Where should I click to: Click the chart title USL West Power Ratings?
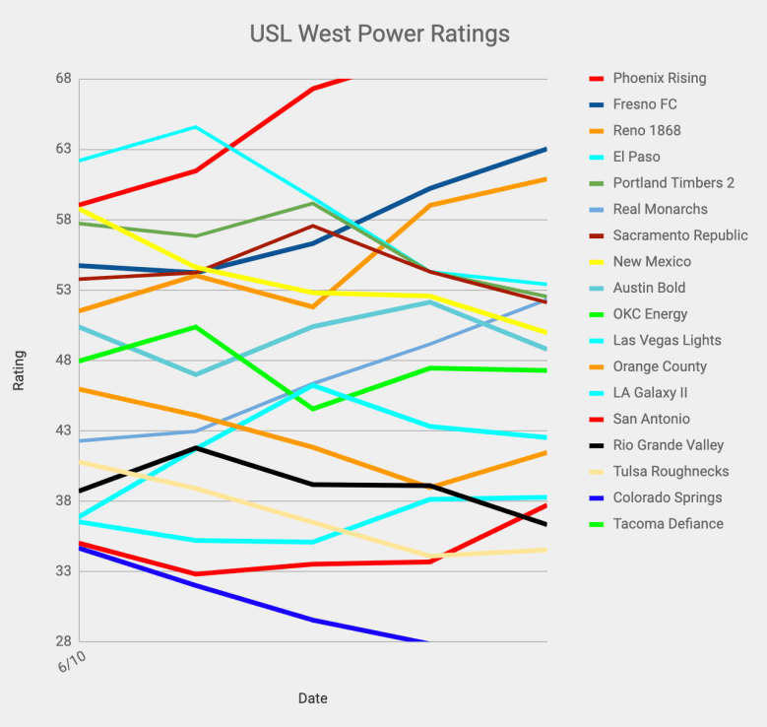379,34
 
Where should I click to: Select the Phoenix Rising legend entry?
659,78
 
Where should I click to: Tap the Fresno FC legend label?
644,104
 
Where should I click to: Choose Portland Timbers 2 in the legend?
673,183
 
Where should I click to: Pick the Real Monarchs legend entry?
660,209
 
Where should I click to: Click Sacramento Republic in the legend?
679,235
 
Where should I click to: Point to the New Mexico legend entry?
651,262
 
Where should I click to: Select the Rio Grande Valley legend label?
668,445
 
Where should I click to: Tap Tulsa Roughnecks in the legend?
671,472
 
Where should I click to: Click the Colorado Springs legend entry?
667,497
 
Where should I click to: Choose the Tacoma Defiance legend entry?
668,524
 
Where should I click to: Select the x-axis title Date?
313,698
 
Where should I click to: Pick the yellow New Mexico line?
374,294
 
